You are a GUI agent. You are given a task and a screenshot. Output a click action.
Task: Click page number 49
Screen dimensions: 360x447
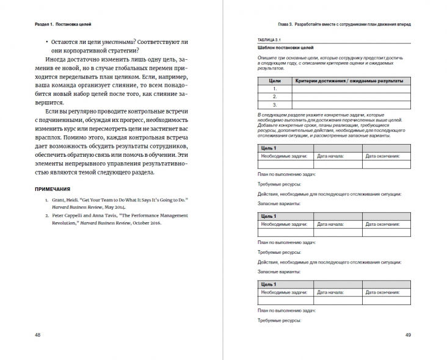click(x=407, y=335)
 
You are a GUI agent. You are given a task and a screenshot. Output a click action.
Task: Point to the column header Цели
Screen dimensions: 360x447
click(x=275, y=81)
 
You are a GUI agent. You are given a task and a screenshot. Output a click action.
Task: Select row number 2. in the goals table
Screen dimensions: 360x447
click(x=275, y=96)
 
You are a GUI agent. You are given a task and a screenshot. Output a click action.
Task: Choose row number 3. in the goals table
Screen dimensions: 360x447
click(x=275, y=104)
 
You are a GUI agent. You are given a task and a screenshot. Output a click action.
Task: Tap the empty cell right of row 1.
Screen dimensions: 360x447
click(x=342, y=88)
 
